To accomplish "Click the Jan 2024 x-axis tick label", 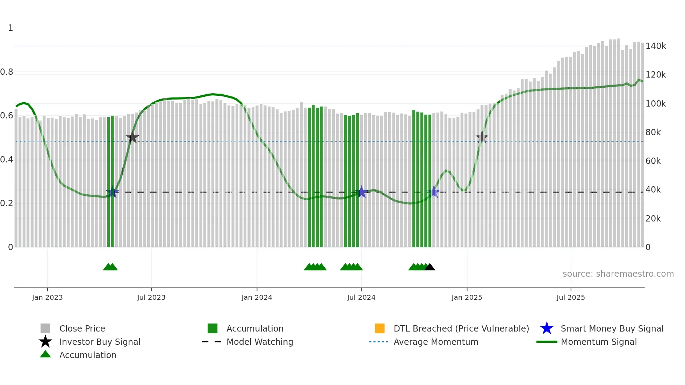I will (257, 297).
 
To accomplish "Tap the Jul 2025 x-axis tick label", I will (570, 297).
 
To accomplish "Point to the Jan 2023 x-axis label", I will (47, 297).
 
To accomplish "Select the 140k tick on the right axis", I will (656, 46).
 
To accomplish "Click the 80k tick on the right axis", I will (653, 132).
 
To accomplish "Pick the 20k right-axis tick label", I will (653, 219).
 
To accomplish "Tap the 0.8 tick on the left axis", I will (7, 72).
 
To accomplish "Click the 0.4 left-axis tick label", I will (7, 160).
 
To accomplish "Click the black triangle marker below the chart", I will (430, 267).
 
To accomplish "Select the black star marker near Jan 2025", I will (482, 138).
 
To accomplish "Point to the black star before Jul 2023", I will (132, 138).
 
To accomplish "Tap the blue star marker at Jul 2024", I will (361, 192).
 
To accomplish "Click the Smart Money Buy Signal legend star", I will (547, 328).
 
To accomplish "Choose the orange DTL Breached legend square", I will (380, 328).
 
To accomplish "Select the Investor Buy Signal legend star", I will (45, 342).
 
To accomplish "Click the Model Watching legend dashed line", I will (212, 342).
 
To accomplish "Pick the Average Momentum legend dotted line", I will (379, 342).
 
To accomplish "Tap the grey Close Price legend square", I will (45, 328).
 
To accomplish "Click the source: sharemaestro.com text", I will (618, 274).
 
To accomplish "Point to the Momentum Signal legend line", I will (547, 342).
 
